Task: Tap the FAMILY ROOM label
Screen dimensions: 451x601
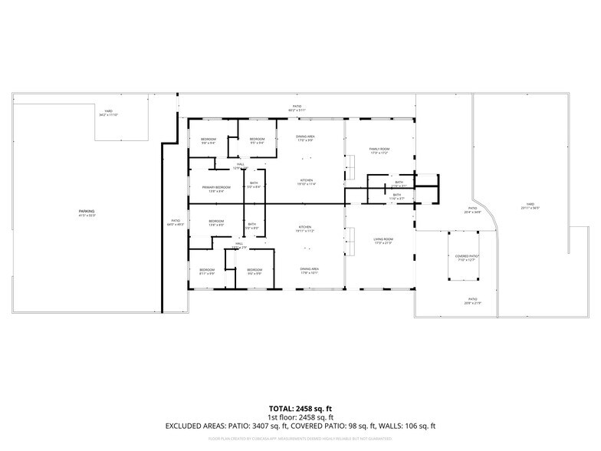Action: (x=379, y=149)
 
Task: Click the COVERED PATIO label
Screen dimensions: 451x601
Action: (x=466, y=256)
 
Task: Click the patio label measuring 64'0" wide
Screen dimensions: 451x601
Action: (x=174, y=222)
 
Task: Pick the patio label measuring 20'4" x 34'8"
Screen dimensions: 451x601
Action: (x=473, y=209)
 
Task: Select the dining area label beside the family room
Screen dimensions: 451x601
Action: (x=306, y=137)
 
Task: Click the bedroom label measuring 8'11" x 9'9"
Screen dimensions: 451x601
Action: (x=207, y=270)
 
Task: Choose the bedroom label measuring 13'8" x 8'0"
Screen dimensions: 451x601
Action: (x=216, y=222)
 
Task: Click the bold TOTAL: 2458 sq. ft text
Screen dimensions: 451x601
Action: (x=300, y=408)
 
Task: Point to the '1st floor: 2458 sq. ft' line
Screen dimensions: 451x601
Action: (x=300, y=416)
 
